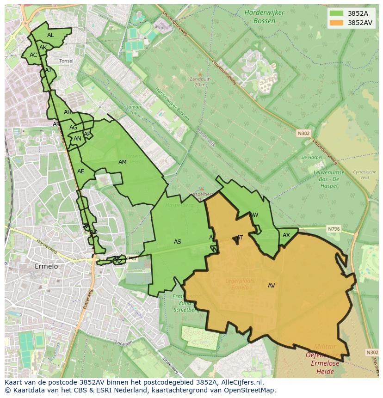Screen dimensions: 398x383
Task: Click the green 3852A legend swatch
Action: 336,13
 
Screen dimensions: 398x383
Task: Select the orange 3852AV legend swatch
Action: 336,22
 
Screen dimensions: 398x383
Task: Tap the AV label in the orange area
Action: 272,286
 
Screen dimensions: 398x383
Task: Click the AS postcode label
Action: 178,242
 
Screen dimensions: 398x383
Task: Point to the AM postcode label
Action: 123,162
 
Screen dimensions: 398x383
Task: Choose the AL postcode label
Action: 50,35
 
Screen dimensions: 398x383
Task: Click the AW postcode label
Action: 254,215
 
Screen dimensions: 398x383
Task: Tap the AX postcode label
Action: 286,235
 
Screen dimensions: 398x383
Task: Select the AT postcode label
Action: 240,238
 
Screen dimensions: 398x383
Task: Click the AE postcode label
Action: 81,171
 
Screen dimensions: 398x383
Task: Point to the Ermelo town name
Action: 46,266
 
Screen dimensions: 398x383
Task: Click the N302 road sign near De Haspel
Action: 303,133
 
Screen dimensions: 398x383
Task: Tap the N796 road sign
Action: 334,229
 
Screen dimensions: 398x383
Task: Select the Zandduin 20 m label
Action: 200,82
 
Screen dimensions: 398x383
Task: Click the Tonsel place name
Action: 66,61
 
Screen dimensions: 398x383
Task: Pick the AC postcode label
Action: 33,55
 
